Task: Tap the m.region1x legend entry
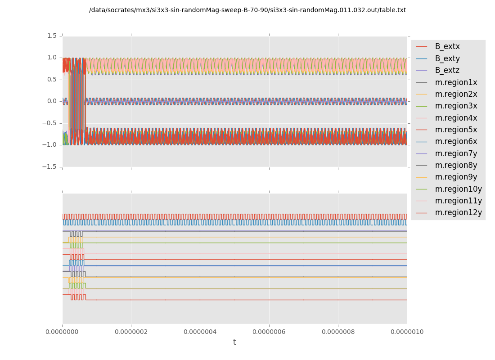coord(456,82)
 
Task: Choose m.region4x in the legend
coord(456,118)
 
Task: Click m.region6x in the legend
coord(456,141)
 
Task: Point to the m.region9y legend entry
coord(456,177)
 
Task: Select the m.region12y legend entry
coord(458,212)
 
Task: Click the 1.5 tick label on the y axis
coord(52,36)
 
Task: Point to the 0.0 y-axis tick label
coord(52,101)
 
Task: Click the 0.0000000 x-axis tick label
coord(62,332)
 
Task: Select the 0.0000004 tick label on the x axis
coord(200,332)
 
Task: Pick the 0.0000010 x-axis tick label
coord(407,332)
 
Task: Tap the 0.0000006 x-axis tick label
coord(269,332)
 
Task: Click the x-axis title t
coord(234,342)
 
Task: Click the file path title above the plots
coord(247,10)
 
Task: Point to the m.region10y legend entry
coord(458,189)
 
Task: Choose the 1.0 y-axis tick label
coord(52,57)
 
